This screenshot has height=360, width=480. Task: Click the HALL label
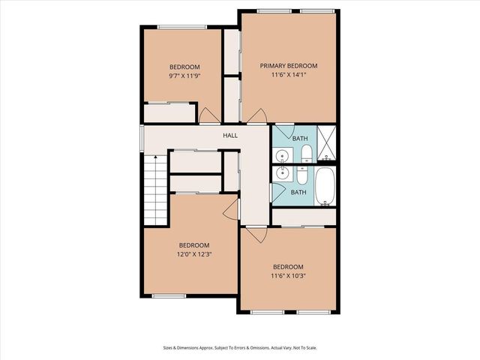click(230, 135)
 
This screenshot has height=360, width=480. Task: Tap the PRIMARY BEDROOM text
click(289, 65)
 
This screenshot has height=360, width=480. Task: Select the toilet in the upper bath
click(306, 154)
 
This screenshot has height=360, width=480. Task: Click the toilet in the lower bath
click(301, 176)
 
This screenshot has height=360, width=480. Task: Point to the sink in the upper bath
click(280, 156)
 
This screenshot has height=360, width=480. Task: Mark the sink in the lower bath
click(280, 175)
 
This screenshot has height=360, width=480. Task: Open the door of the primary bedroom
click(258, 116)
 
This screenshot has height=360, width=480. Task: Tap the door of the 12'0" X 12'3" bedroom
click(232, 209)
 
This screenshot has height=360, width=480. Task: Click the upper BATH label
click(300, 139)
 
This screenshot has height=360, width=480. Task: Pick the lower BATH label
click(298, 192)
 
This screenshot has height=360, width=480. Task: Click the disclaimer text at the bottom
click(239, 347)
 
